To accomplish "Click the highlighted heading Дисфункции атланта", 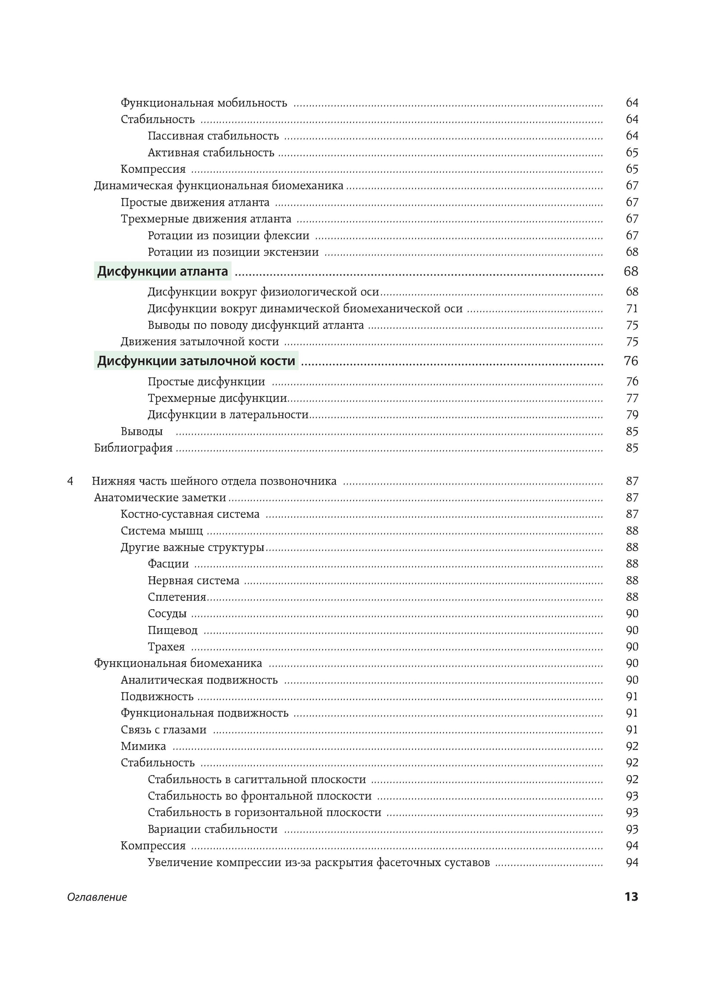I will [x=163, y=272].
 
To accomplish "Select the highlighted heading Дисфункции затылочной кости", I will [x=196, y=361].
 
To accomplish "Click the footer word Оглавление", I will [x=97, y=897].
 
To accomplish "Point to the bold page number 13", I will [x=631, y=897].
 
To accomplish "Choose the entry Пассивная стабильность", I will [x=213, y=136].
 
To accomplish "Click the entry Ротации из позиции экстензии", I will [x=233, y=253].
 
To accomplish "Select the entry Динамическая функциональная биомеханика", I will [x=219, y=186].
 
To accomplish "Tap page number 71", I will [x=632, y=309].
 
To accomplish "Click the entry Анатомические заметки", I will [x=160, y=498].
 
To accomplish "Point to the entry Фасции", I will [x=168, y=564].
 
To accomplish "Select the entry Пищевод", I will [x=173, y=631].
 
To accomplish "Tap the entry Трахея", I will [x=167, y=647].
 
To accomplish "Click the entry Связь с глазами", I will [x=164, y=730].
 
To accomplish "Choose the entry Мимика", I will [x=143, y=747].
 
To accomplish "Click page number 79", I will [x=632, y=415].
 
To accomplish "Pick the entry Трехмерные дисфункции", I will [x=217, y=398].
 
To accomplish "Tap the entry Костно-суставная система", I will [x=190, y=514].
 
